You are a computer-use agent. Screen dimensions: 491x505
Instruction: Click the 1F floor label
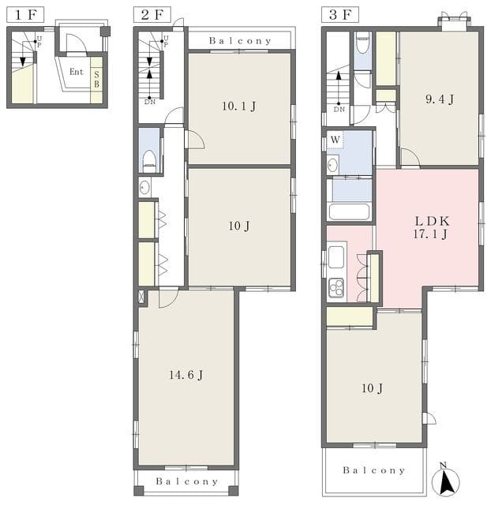pos(25,15)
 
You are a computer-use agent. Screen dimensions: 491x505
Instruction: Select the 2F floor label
pos(152,15)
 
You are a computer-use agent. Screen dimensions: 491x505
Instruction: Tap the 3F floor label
pos(340,15)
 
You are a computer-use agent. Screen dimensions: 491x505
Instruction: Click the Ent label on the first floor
pos(77,72)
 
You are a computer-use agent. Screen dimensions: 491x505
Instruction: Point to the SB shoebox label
pos(96,80)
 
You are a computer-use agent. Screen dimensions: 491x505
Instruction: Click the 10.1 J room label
pos(239,106)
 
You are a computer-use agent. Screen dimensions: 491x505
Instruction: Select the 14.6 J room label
pos(186,375)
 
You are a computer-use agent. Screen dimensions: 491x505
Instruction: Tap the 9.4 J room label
pos(440,99)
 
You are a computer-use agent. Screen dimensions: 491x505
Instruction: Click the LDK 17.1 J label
pos(431,227)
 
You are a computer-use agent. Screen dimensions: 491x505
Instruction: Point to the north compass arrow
pos(447,481)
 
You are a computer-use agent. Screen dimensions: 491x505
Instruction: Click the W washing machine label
pos(335,140)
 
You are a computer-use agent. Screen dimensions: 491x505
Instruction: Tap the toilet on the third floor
pos(363,44)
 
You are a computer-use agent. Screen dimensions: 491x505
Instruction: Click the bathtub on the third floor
pos(349,211)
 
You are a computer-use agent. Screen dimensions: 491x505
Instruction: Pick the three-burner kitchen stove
pos(336,288)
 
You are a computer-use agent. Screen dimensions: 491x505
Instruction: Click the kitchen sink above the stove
pos(336,256)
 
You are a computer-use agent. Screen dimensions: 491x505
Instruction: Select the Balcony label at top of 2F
pos(240,41)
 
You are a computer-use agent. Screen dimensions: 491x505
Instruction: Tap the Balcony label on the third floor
pos(373,470)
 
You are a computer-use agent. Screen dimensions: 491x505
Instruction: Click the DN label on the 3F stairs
pos(339,110)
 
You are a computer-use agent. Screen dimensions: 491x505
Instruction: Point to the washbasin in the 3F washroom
pos(332,165)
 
